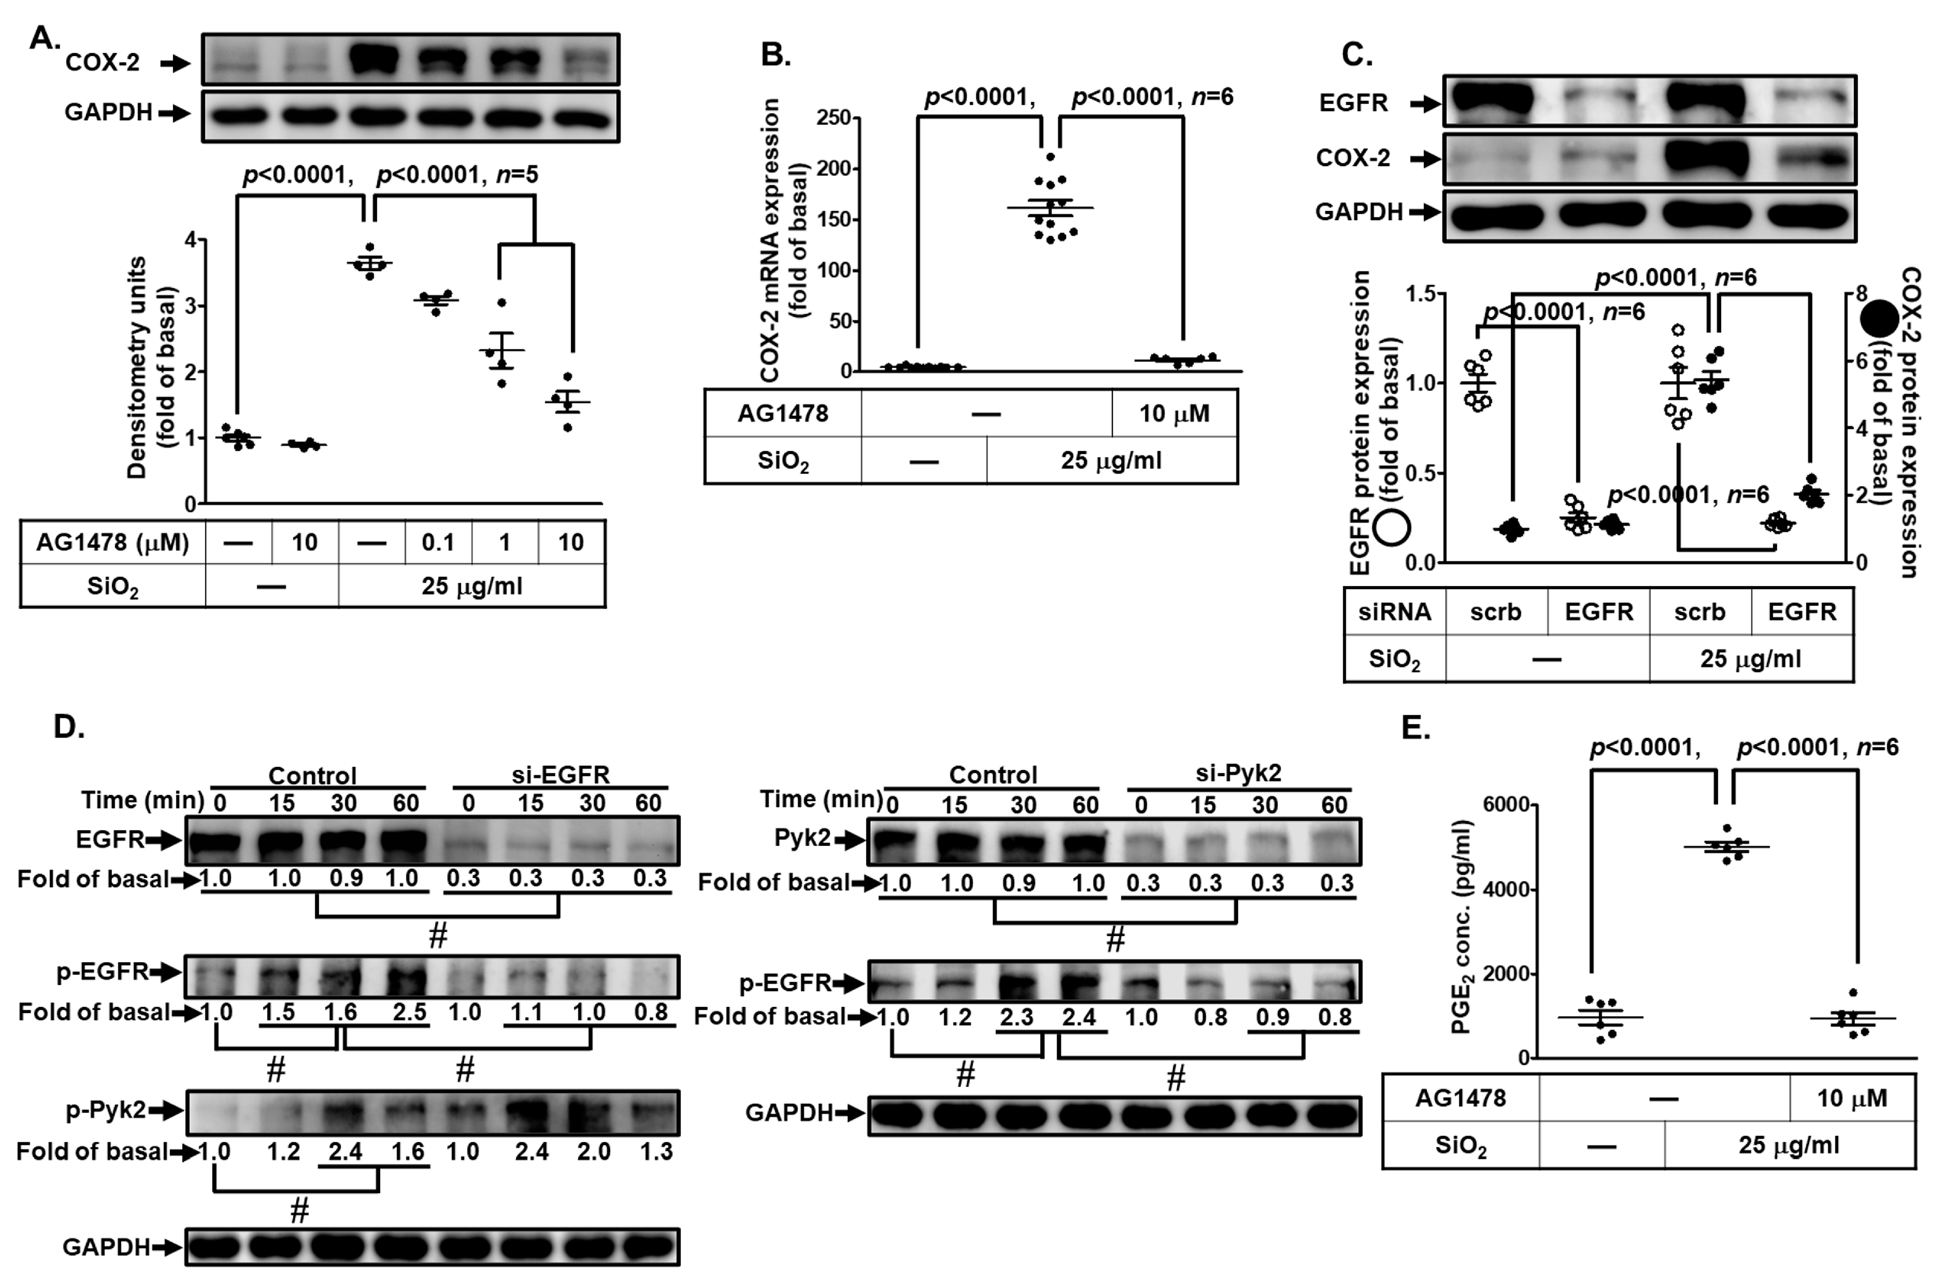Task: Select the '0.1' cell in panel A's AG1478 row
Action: point(437,543)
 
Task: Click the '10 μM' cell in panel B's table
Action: point(1174,414)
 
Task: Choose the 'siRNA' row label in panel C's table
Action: point(1394,612)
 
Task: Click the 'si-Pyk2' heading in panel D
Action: point(1239,774)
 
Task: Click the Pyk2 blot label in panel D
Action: point(803,839)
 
